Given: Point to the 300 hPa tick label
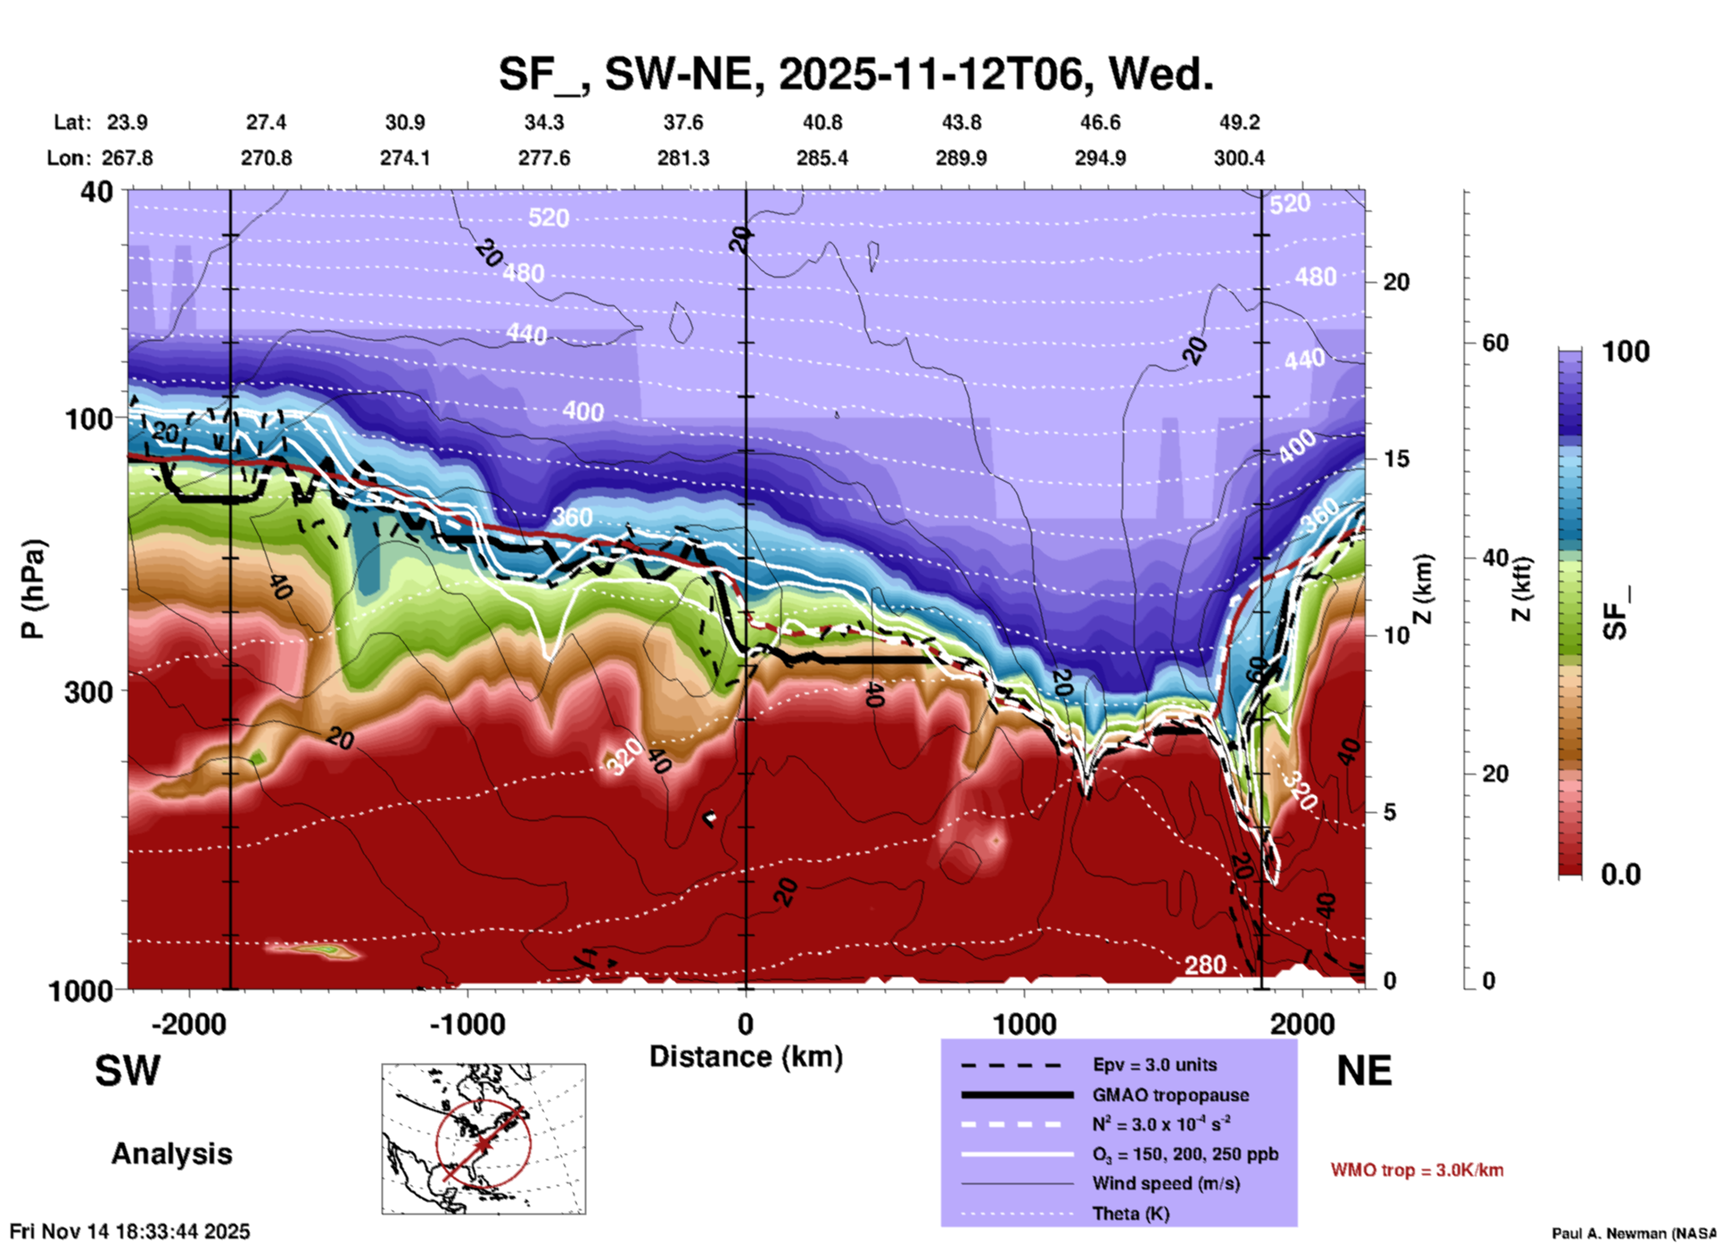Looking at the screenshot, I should point(89,692).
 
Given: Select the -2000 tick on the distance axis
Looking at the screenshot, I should point(188,1024).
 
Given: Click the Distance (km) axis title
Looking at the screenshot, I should point(746,1057).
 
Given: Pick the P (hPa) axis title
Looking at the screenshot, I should point(33,589).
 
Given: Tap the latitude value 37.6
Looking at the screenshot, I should point(683,122).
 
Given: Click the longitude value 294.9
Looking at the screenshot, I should point(1100,158).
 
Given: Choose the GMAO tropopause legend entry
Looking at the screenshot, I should point(1170,1095).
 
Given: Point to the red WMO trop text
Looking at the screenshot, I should point(1417,1170).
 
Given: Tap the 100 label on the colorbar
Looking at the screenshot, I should point(1625,352).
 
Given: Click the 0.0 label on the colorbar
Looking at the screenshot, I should point(1621,875).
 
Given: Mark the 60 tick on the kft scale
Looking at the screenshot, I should point(1495,343).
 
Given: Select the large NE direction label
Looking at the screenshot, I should point(1364,1070).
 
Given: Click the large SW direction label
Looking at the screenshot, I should point(128,1070).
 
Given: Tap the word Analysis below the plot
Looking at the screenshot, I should point(171,1153).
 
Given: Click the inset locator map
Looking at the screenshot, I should point(483,1138).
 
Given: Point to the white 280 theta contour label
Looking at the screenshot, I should point(1204,965).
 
